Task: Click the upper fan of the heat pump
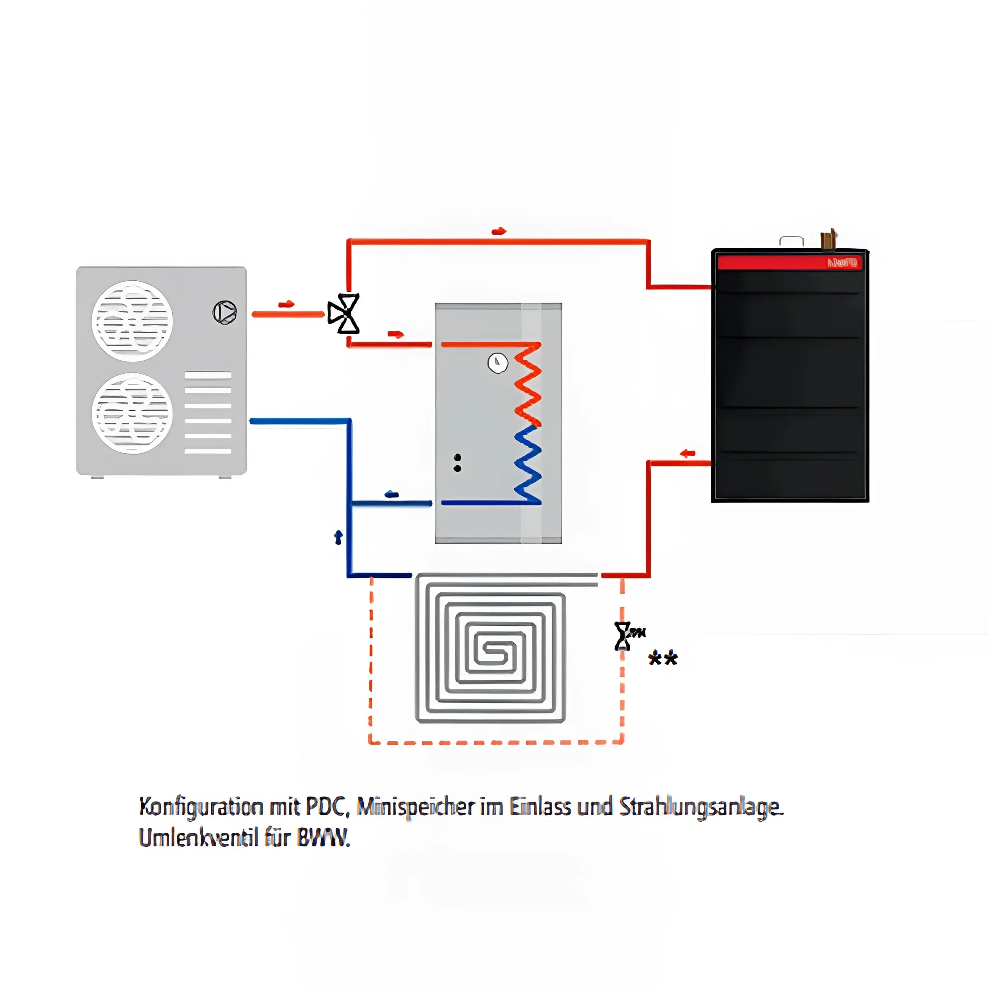132,321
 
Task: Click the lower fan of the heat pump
132,413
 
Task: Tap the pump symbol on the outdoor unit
224,312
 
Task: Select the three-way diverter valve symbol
344,313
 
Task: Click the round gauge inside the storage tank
498,363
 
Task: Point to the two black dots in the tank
457,463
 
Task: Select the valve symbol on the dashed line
623,636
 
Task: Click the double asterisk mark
663,658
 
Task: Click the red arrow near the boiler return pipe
688,453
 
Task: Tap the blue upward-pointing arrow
338,537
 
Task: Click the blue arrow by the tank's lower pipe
392,494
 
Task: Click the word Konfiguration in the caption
201,807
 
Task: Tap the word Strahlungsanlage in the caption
701,807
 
